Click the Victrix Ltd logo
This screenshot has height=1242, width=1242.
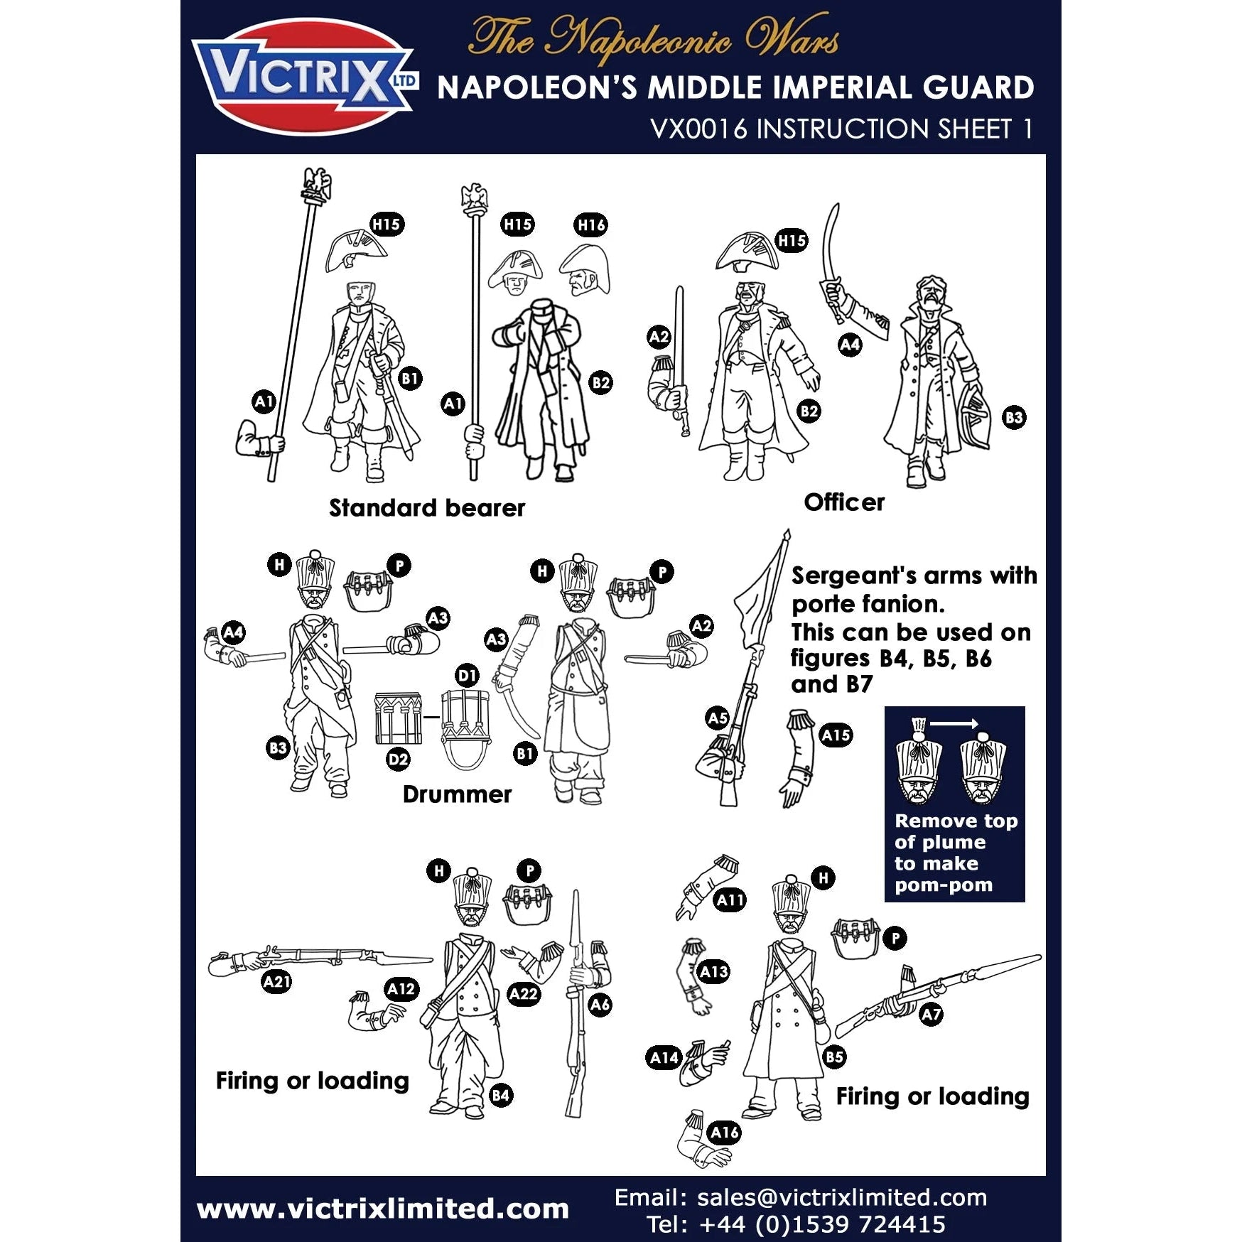[304, 77]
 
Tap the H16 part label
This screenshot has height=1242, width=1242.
[591, 225]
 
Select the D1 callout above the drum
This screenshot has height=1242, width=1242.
[467, 675]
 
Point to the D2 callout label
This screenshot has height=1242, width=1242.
[398, 760]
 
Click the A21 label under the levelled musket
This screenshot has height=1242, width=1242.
[276, 982]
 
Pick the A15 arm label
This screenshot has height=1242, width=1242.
[836, 735]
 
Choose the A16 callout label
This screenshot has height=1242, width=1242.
[724, 1133]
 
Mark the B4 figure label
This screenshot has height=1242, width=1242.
[500, 1095]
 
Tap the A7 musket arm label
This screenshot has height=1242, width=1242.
[931, 1015]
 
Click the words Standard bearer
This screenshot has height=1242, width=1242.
[427, 508]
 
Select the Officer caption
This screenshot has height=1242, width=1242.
[844, 502]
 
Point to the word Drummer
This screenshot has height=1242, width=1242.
[457, 794]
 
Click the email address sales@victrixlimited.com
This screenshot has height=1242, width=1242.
[842, 1197]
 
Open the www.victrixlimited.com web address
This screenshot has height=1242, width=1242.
[383, 1209]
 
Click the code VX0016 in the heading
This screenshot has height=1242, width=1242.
[699, 129]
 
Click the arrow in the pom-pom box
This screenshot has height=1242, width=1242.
[954, 724]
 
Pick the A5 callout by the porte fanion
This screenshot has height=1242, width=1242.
[718, 718]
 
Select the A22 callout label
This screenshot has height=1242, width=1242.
[524, 994]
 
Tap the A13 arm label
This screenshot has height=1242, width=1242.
[713, 971]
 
